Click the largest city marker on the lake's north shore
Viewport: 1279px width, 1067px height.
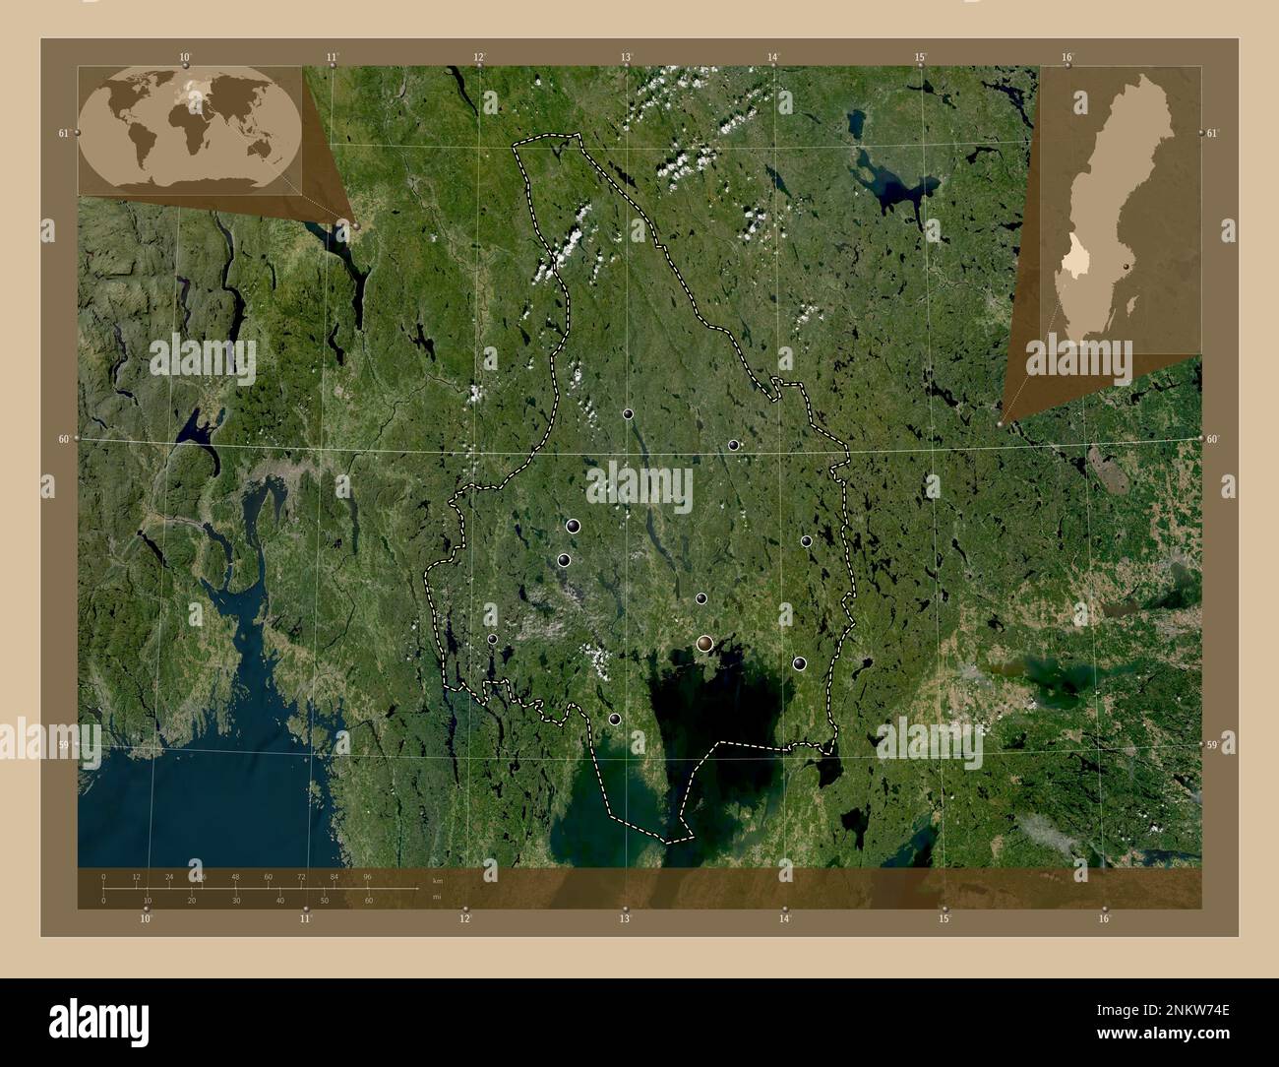[704, 644]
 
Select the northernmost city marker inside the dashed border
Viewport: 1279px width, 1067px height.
[627, 414]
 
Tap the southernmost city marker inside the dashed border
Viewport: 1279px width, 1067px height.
[615, 720]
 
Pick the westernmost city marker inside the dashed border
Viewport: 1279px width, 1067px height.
[492, 639]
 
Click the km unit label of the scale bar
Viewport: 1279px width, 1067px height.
[438, 880]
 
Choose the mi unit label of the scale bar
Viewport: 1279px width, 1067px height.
[438, 897]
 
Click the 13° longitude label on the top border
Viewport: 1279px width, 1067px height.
[626, 57]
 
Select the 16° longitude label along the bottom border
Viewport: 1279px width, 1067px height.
[1104, 919]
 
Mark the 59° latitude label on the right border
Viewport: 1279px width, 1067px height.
[1216, 746]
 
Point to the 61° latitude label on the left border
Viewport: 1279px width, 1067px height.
[63, 133]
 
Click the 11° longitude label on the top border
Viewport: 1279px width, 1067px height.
[332, 57]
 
